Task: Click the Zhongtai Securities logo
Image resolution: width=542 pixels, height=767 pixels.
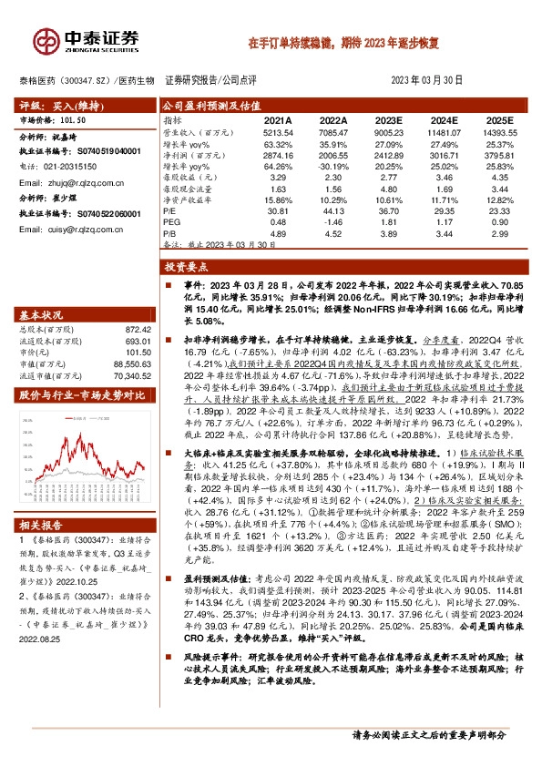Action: click(87, 39)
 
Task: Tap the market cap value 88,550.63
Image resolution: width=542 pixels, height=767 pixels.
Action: click(131, 363)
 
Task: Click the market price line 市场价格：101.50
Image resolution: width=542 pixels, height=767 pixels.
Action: click(54, 119)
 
